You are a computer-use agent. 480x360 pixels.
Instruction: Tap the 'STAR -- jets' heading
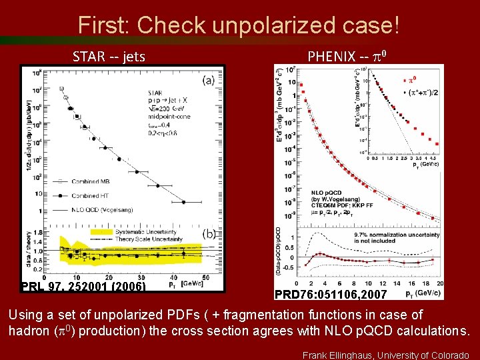(x=109, y=56)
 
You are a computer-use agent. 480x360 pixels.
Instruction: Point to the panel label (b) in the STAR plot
(x=208, y=234)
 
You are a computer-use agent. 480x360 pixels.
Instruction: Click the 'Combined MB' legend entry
(x=95, y=181)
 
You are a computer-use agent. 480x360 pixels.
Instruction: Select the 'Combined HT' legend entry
(x=95, y=195)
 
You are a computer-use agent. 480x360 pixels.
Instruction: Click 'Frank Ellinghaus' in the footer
(x=339, y=355)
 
